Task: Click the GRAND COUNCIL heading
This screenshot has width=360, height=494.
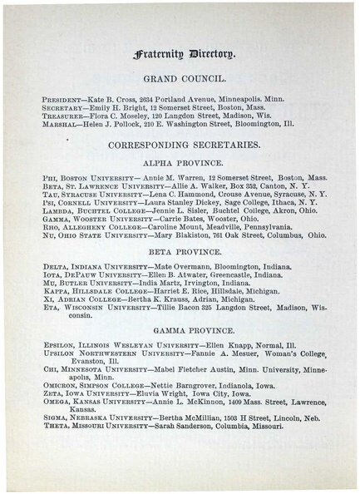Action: pos(180,82)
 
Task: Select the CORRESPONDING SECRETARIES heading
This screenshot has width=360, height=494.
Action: pos(180,146)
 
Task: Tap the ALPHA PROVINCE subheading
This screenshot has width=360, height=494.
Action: pos(180,165)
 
